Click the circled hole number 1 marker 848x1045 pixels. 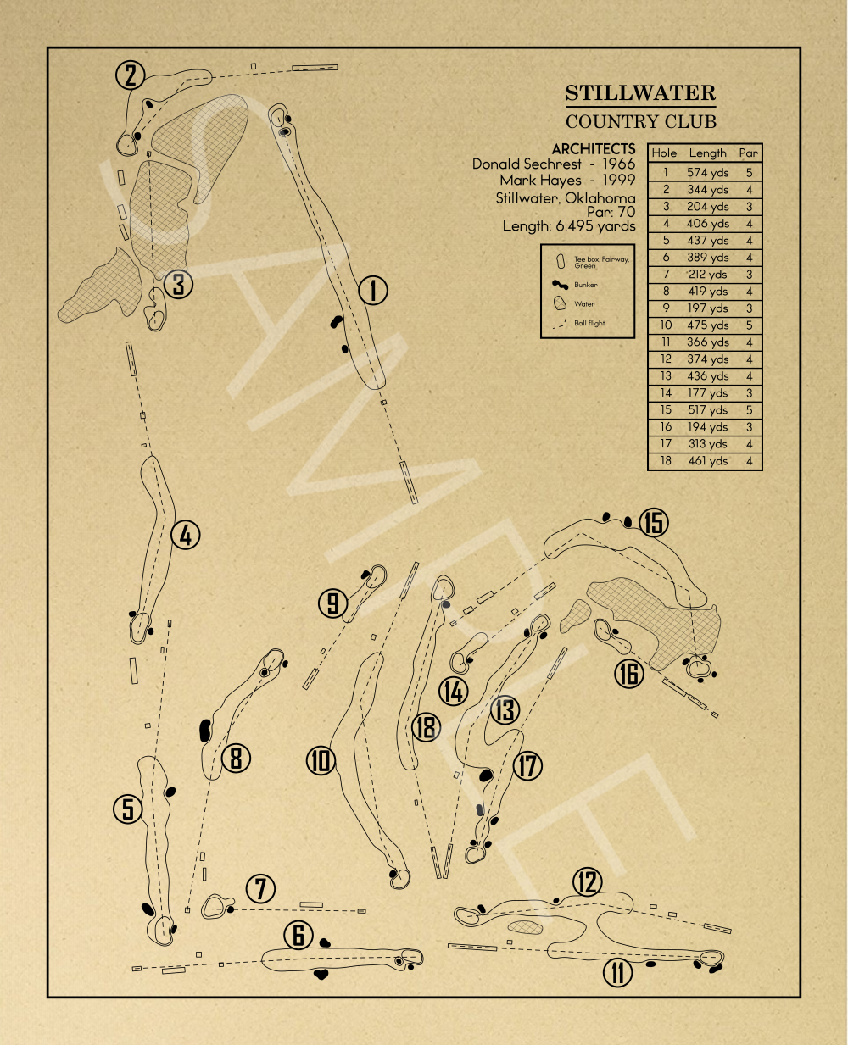pos(372,291)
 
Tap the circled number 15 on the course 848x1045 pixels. pos(654,523)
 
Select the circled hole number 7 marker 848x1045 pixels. pos(260,889)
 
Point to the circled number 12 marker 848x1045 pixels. pos(587,882)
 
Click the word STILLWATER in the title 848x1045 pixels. pos(640,93)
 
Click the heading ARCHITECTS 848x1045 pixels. pos(593,149)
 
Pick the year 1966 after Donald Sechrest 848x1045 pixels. pos(618,164)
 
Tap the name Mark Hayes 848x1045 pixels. pos(540,181)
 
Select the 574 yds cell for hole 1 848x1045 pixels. pos(708,172)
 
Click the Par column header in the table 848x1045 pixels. pos(749,153)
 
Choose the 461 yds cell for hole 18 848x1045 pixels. pos(708,461)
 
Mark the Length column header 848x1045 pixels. pos(708,153)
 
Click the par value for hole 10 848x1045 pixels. pos(750,325)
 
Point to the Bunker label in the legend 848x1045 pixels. pos(586,286)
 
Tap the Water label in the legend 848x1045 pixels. pos(584,304)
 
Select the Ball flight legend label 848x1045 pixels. pos(589,323)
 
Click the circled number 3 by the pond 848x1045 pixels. pos(178,284)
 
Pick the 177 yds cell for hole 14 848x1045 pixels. pos(708,393)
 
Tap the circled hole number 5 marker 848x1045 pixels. pos(128,809)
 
